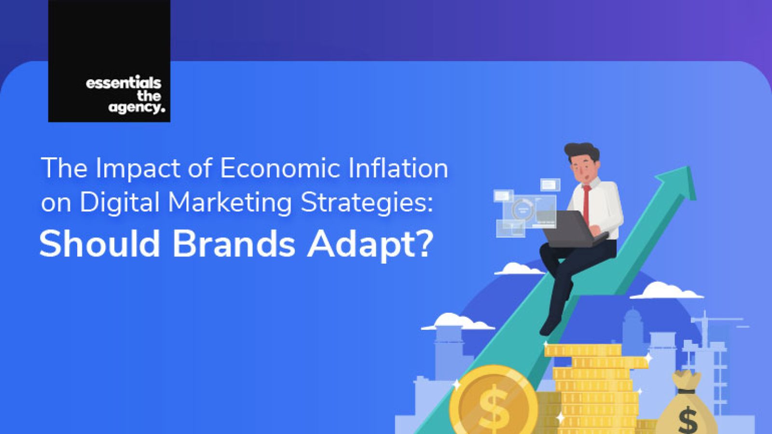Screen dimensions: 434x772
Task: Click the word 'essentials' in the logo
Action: pos(124,83)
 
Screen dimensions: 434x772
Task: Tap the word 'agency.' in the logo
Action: pos(137,108)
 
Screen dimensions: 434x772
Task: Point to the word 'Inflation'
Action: pos(398,168)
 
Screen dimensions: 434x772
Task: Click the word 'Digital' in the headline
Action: pos(119,202)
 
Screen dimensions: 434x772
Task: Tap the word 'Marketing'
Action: pos(230,202)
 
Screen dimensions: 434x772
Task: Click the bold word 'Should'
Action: pos(99,244)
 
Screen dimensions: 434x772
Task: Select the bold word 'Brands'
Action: pos(234,244)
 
